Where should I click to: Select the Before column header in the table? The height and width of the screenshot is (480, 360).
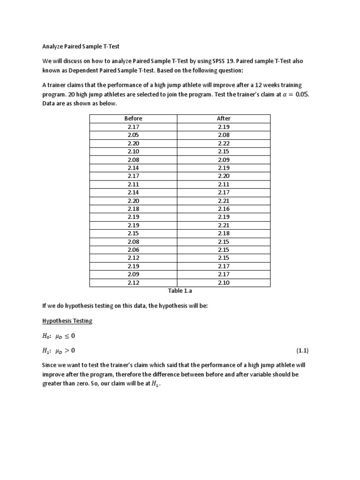click(x=133, y=118)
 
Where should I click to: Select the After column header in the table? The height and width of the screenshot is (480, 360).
click(x=224, y=118)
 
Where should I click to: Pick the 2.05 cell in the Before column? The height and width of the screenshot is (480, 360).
click(x=133, y=135)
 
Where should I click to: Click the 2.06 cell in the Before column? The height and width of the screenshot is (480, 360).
click(x=133, y=250)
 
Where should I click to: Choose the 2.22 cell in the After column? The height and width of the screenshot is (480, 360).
click(x=224, y=143)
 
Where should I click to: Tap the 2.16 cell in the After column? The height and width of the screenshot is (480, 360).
click(x=224, y=209)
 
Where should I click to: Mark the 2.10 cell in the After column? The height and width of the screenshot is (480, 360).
click(x=224, y=283)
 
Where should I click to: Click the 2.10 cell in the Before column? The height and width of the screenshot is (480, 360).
click(x=133, y=151)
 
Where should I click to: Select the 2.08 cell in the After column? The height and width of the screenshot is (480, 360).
click(x=224, y=135)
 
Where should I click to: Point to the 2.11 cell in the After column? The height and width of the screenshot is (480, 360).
click(x=224, y=184)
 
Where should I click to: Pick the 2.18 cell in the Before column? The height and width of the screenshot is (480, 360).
click(x=133, y=209)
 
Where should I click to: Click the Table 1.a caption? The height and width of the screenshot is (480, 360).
click(x=180, y=291)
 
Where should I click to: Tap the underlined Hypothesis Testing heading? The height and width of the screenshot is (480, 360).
click(x=67, y=321)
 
